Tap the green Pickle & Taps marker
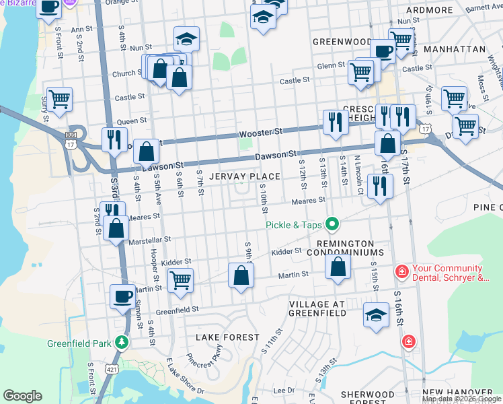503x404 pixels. click(x=332, y=224)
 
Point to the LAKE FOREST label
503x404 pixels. click(x=227, y=337)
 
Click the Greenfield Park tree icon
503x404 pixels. click(x=121, y=343)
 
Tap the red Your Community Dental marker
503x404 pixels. click(x=401, y=272)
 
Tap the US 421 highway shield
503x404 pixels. click(x=111, y=368)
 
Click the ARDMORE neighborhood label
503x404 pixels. click(x=430, y=10)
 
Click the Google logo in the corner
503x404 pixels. click(x=22, y=396)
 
